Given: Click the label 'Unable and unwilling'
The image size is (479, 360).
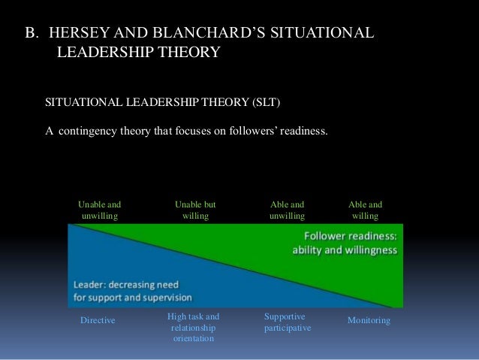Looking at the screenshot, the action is click(x=100, y=210).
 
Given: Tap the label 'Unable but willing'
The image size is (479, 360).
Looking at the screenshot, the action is click(x=195, y=210).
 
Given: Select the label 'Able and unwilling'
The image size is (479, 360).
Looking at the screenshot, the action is click(x=287, y=210).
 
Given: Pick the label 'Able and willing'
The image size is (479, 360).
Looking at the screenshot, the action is click(x=365, y=210).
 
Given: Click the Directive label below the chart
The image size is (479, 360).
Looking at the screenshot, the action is click(x=98, y=321).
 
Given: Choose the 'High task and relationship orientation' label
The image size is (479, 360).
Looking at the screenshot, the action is click(x=193, y=328).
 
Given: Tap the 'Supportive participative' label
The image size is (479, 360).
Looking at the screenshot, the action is click(x=288, y=323).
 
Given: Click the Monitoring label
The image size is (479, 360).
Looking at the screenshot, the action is click(x=369, y=321).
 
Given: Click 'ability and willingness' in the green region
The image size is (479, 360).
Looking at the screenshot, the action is click(x=345, y=250).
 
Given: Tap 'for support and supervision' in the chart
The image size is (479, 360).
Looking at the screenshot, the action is click(x=133, y=297).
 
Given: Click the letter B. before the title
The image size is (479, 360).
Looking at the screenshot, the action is click(x=31, y=34).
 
